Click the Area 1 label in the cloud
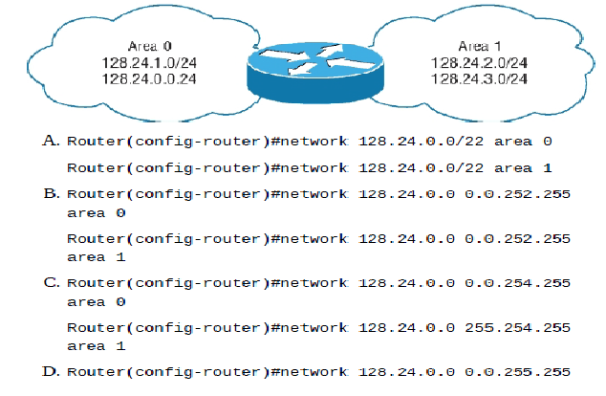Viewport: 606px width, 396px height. pos(478,45)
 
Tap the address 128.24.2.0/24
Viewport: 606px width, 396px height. pos(479,61)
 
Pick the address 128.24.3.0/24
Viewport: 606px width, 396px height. pos(479,77)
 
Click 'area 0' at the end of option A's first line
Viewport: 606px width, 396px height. pos(523,141)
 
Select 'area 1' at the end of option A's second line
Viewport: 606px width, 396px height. pos(523,167)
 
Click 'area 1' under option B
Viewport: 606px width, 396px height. pos(96,256)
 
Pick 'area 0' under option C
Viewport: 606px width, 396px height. pos(96,301)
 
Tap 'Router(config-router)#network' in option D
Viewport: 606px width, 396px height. pos(206,372)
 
